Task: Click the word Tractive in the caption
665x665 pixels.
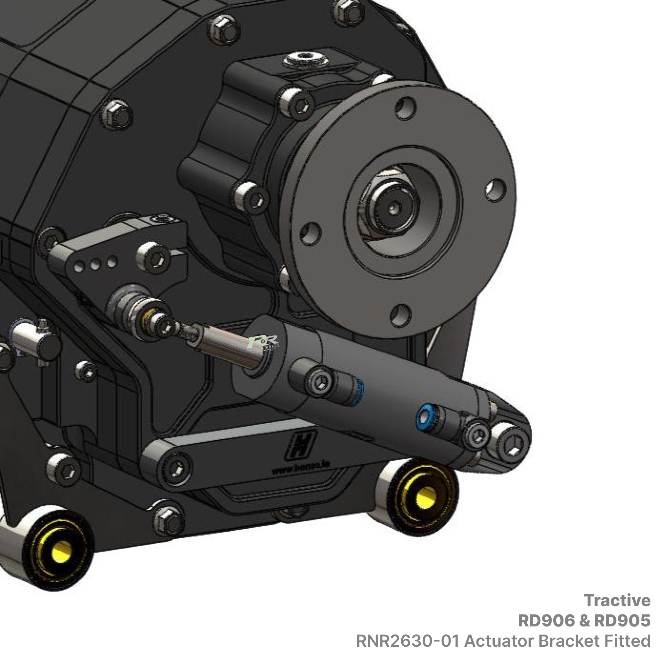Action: [617, 600]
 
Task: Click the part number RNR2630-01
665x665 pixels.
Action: [407, 641]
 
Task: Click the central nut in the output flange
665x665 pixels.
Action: [393, 207]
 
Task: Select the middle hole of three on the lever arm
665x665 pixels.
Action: [95, 265]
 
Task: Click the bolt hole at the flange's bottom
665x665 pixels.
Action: [401, 313]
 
